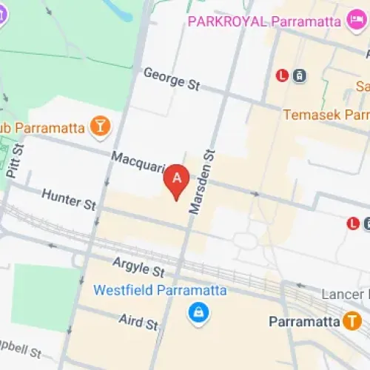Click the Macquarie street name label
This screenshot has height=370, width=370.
(x=137, y=163)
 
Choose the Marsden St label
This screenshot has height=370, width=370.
(x=201, y=181)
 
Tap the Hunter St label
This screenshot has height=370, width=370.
(x=69, y=199)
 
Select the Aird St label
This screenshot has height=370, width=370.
(x=139, y=320)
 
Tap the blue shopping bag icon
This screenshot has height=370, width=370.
(x=198, y=313)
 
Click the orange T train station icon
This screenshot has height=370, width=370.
(x=352, y=321)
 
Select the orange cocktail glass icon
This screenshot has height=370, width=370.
(x=98, y=127)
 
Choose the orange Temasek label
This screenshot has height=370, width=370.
(x=326, y=115)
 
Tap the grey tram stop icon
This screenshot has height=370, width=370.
(x=300, y=75)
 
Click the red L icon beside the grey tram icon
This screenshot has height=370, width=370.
(x=282, y=75)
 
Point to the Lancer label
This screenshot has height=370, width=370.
(x=345, y=294)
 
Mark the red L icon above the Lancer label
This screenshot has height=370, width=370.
(x=354, y=223)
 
